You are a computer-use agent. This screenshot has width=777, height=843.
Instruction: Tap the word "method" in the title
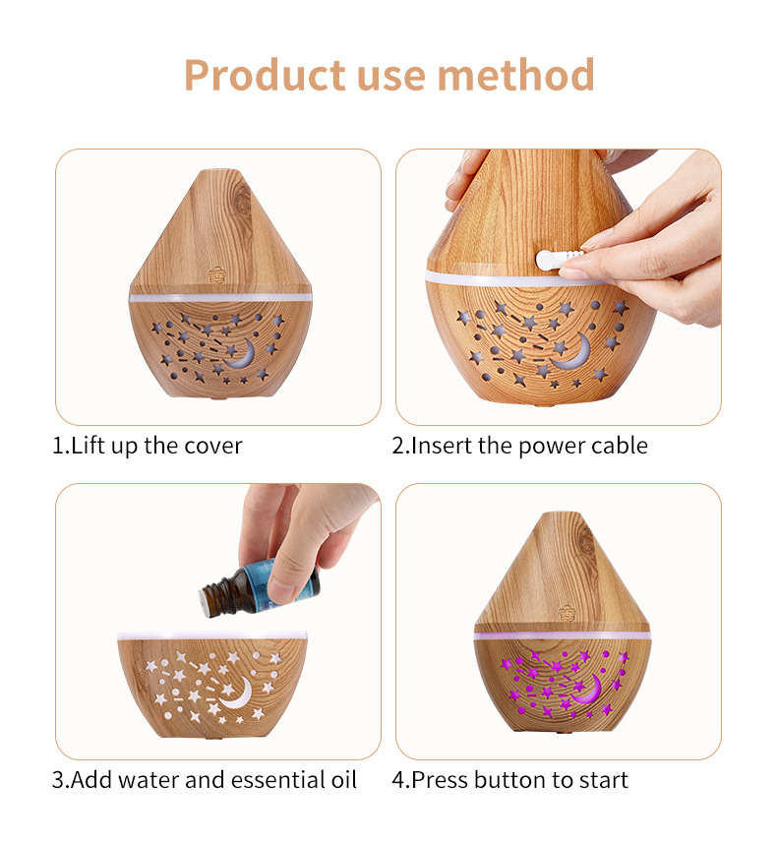(x=516, y=75)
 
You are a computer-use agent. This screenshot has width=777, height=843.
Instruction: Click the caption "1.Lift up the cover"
(x=147, y=446)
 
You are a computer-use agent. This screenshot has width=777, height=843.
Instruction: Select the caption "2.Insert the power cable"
(x=519, y=446)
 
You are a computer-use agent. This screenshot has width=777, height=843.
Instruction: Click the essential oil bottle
(x=260, y=587)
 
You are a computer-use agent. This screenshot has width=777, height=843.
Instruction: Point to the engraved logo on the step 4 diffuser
(x=567, y=613)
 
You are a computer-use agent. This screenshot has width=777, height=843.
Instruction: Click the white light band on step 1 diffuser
(x=220, y=297)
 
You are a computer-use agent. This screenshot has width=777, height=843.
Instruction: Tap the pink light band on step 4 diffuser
(x=563, y=636)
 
